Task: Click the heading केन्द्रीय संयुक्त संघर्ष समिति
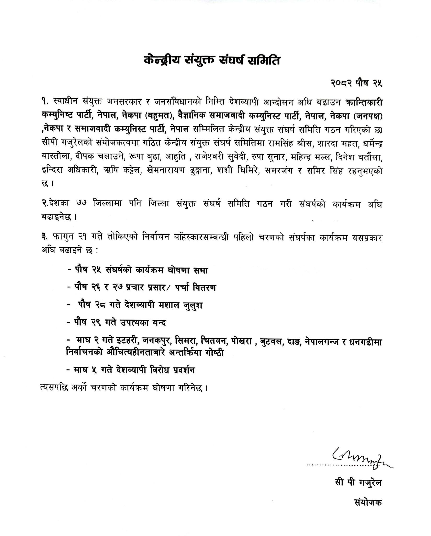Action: click(212, 61)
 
